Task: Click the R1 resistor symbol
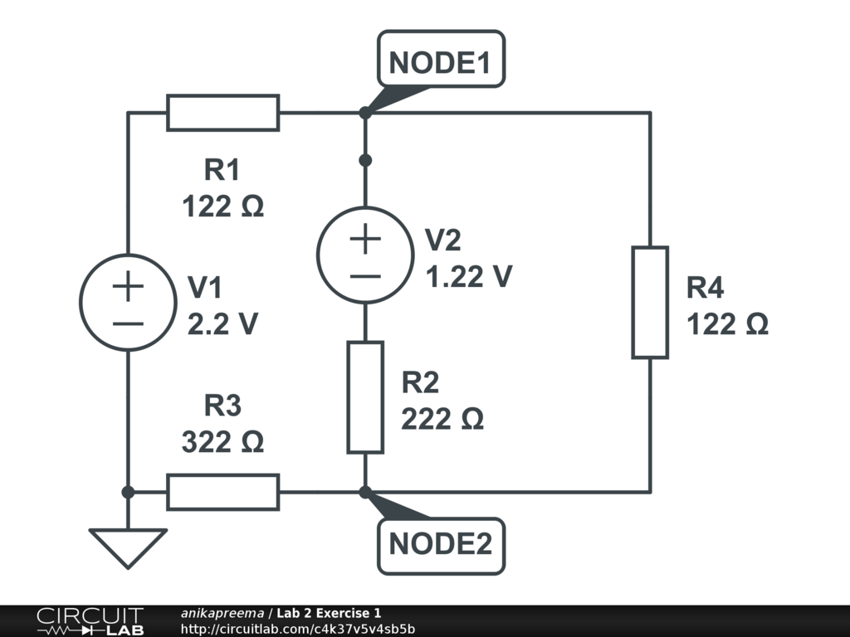[222, 113]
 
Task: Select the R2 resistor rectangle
[365, 396]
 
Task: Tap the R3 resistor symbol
[222, 492]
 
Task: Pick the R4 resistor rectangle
[650, 302]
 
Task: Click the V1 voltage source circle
[128, 303]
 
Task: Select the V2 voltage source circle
[365, 254]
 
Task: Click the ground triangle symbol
[128, 547]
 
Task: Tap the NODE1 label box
[441, 60]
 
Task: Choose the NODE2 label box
[441, 546]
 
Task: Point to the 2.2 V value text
[222, 324]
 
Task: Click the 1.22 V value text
[468, 276]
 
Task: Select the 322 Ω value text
[222, 442]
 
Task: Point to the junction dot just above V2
[365, 159]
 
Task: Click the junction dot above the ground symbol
[128, 492]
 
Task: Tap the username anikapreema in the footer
[222, 613]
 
